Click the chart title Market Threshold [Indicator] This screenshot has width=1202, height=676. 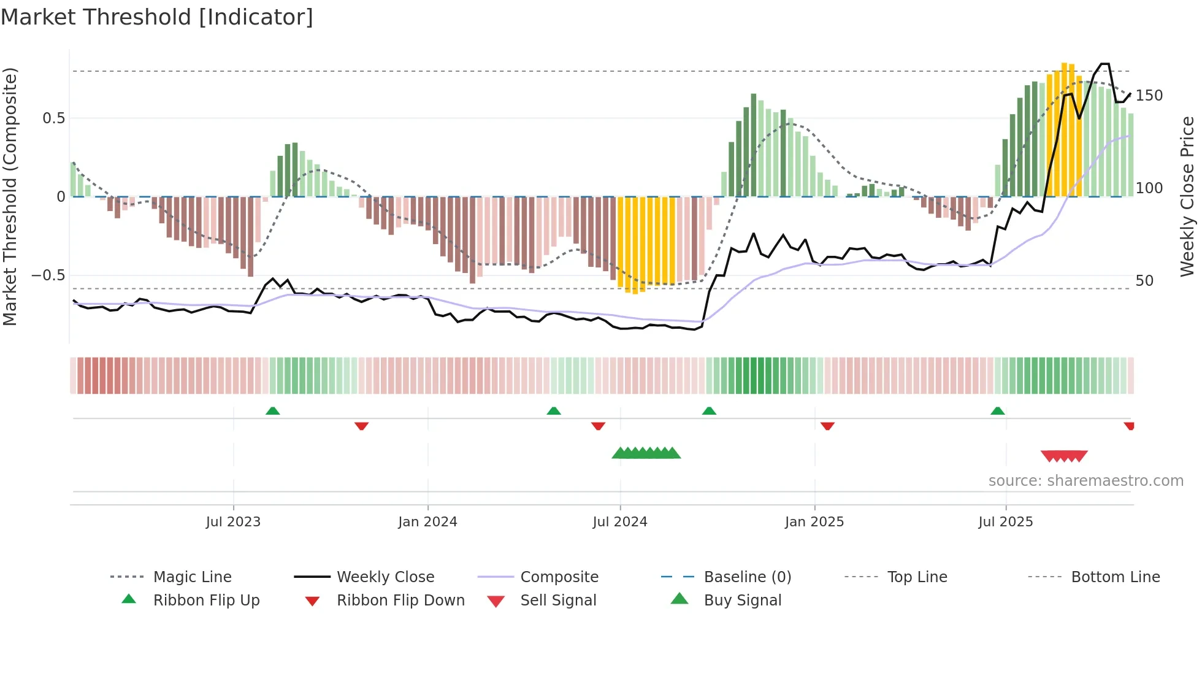coord(157,17)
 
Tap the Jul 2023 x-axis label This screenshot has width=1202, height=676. coord(233,522)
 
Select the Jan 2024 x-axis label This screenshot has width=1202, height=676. coord(427,522)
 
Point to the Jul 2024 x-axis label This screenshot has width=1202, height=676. coord(619,522)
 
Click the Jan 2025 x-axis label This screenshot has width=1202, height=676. coord(814,522)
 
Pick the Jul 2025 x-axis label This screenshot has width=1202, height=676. coord(1005,522)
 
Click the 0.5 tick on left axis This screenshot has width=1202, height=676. coord(53,118)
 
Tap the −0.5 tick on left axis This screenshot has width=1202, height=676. coord(48,275)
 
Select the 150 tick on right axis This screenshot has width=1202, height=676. coord(1149,96)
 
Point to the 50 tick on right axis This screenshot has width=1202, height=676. coord(1144,281)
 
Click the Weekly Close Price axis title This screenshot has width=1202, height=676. coord(1187,196)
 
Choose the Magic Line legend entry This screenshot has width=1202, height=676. coord(192,577)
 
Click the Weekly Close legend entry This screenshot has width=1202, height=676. coord(385,577)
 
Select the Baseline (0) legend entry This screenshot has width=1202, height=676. coord(747,577)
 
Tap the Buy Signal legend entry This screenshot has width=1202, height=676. coord(742,601)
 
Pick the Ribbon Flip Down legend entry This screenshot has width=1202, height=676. coord(400,601)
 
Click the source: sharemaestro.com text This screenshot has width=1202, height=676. coord(1085,481)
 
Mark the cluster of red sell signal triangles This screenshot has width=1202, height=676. coord(1064,456)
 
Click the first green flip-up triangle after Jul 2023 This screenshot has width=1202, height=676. coord(273,411)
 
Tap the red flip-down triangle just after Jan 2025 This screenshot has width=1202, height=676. coord(827,426)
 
